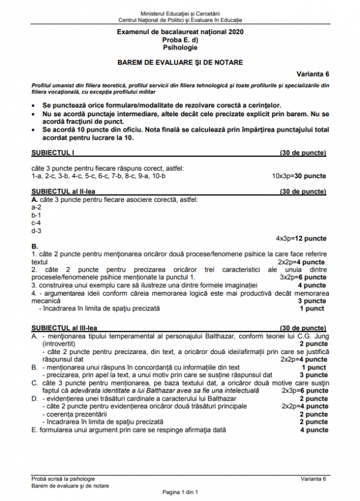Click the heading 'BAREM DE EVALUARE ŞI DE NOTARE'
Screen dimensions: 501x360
(180, 62)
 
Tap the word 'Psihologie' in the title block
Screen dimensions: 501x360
(180, 47)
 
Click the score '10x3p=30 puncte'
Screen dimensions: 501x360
(299, 176)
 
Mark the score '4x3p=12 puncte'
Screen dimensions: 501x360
(301, 238)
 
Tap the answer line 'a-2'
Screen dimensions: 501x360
(36, 207)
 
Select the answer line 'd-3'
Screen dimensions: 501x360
(36, 231)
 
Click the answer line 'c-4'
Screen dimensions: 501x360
(36, 223)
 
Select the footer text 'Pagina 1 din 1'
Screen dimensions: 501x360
(180, 492)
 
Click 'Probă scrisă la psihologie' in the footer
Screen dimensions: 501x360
(63, 478)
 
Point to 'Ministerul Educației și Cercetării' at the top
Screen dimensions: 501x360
(180, 12)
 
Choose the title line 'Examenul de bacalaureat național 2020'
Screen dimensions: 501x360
(180, 31)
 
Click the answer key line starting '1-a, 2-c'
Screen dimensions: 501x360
(99, 176)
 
